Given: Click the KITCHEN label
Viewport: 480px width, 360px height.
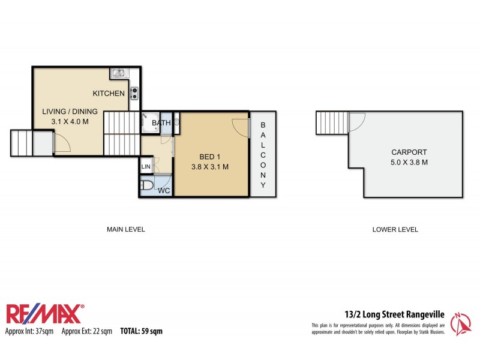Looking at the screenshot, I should pos(109,94).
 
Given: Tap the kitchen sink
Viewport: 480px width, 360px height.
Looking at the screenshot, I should pos(118,74).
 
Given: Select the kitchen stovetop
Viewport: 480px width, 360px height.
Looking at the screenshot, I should pos(135,92).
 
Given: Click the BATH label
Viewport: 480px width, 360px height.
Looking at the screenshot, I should pos(160,124).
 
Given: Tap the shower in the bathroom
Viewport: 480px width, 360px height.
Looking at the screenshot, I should pos(149,123).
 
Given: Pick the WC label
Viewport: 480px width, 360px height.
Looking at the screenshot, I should pos(163,191).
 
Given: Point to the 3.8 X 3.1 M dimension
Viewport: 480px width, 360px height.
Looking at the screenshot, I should pos(209,167).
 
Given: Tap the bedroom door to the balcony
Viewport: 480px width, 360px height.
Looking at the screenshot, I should pos(240,127).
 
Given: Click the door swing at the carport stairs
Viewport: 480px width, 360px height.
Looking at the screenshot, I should pos(356,120).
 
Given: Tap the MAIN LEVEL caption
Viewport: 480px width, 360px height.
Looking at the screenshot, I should pos(126,229).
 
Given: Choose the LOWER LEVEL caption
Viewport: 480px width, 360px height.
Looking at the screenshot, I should pos(395,229).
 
